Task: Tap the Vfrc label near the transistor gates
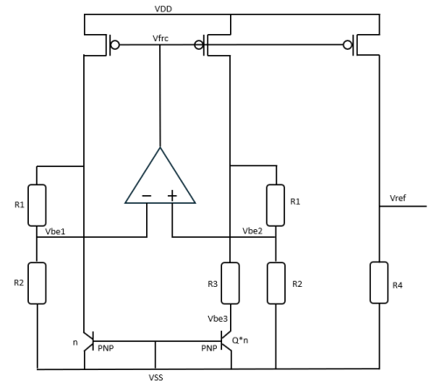pyautogui.click(x=161, y=41)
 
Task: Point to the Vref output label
pyautogui.click(x=400, y=199)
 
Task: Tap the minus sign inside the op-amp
pyautogui.click(x=144, y=195)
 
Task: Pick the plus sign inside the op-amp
pyautogui.click(x=172, y=195)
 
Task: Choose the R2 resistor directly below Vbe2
pyautogui.click(x=278, y=283)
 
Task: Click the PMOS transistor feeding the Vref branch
pyautogui.click(x=354, y=44)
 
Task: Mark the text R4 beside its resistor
pyautogui.click(x=399, y=284)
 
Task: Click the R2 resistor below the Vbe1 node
pyautogui.click(x=38, y=283)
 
